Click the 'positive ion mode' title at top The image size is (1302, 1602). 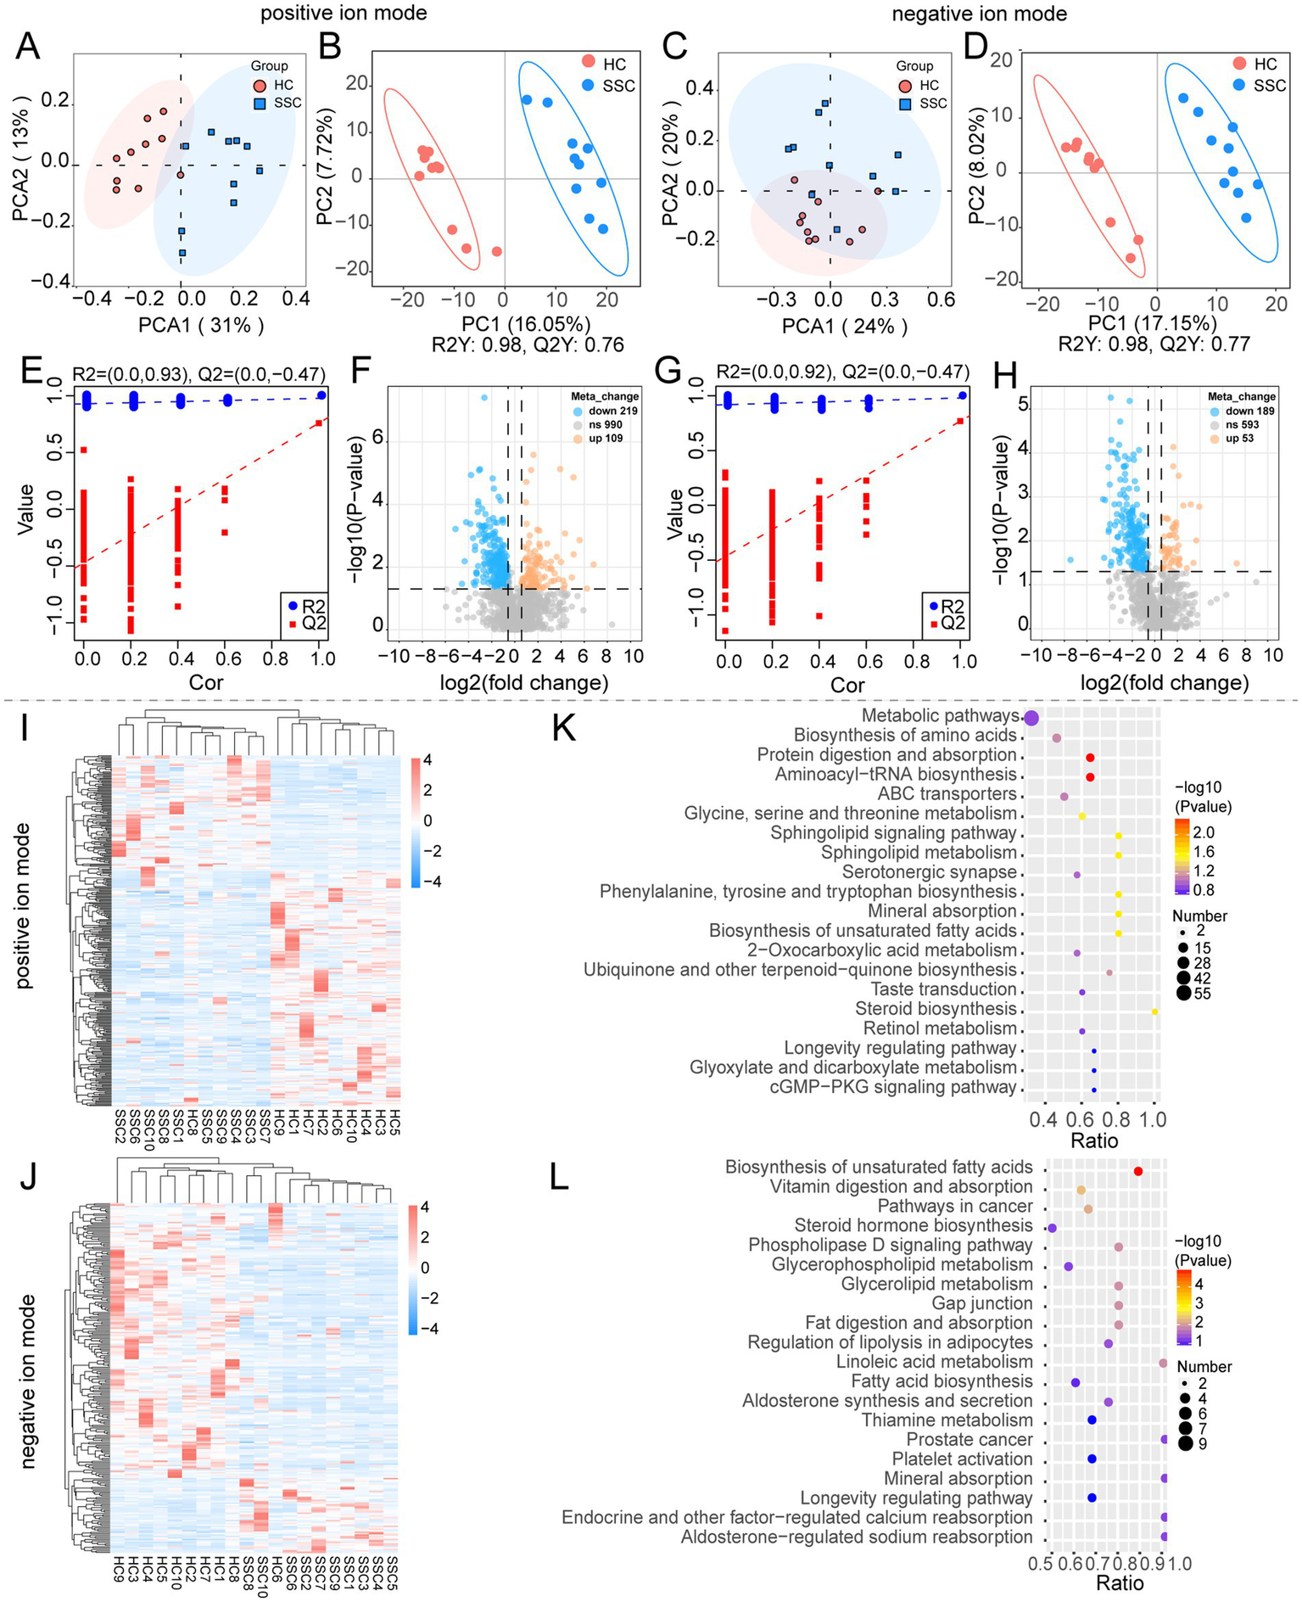tap(344, 14)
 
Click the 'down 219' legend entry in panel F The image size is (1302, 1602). tap(616, 411)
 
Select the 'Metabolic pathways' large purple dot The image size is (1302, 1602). tap(1031, 718)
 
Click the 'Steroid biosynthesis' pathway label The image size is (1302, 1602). tap(936, 1009)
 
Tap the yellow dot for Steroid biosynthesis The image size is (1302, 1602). tap(1155, 1012)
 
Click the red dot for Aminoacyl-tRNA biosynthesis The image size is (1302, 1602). tap(1090, 777)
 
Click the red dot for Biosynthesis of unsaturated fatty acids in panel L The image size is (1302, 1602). tap(1138, 1171)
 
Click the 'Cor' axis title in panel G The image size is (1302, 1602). tap(847, 685)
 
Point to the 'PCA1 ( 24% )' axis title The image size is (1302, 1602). tap(844, 327)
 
